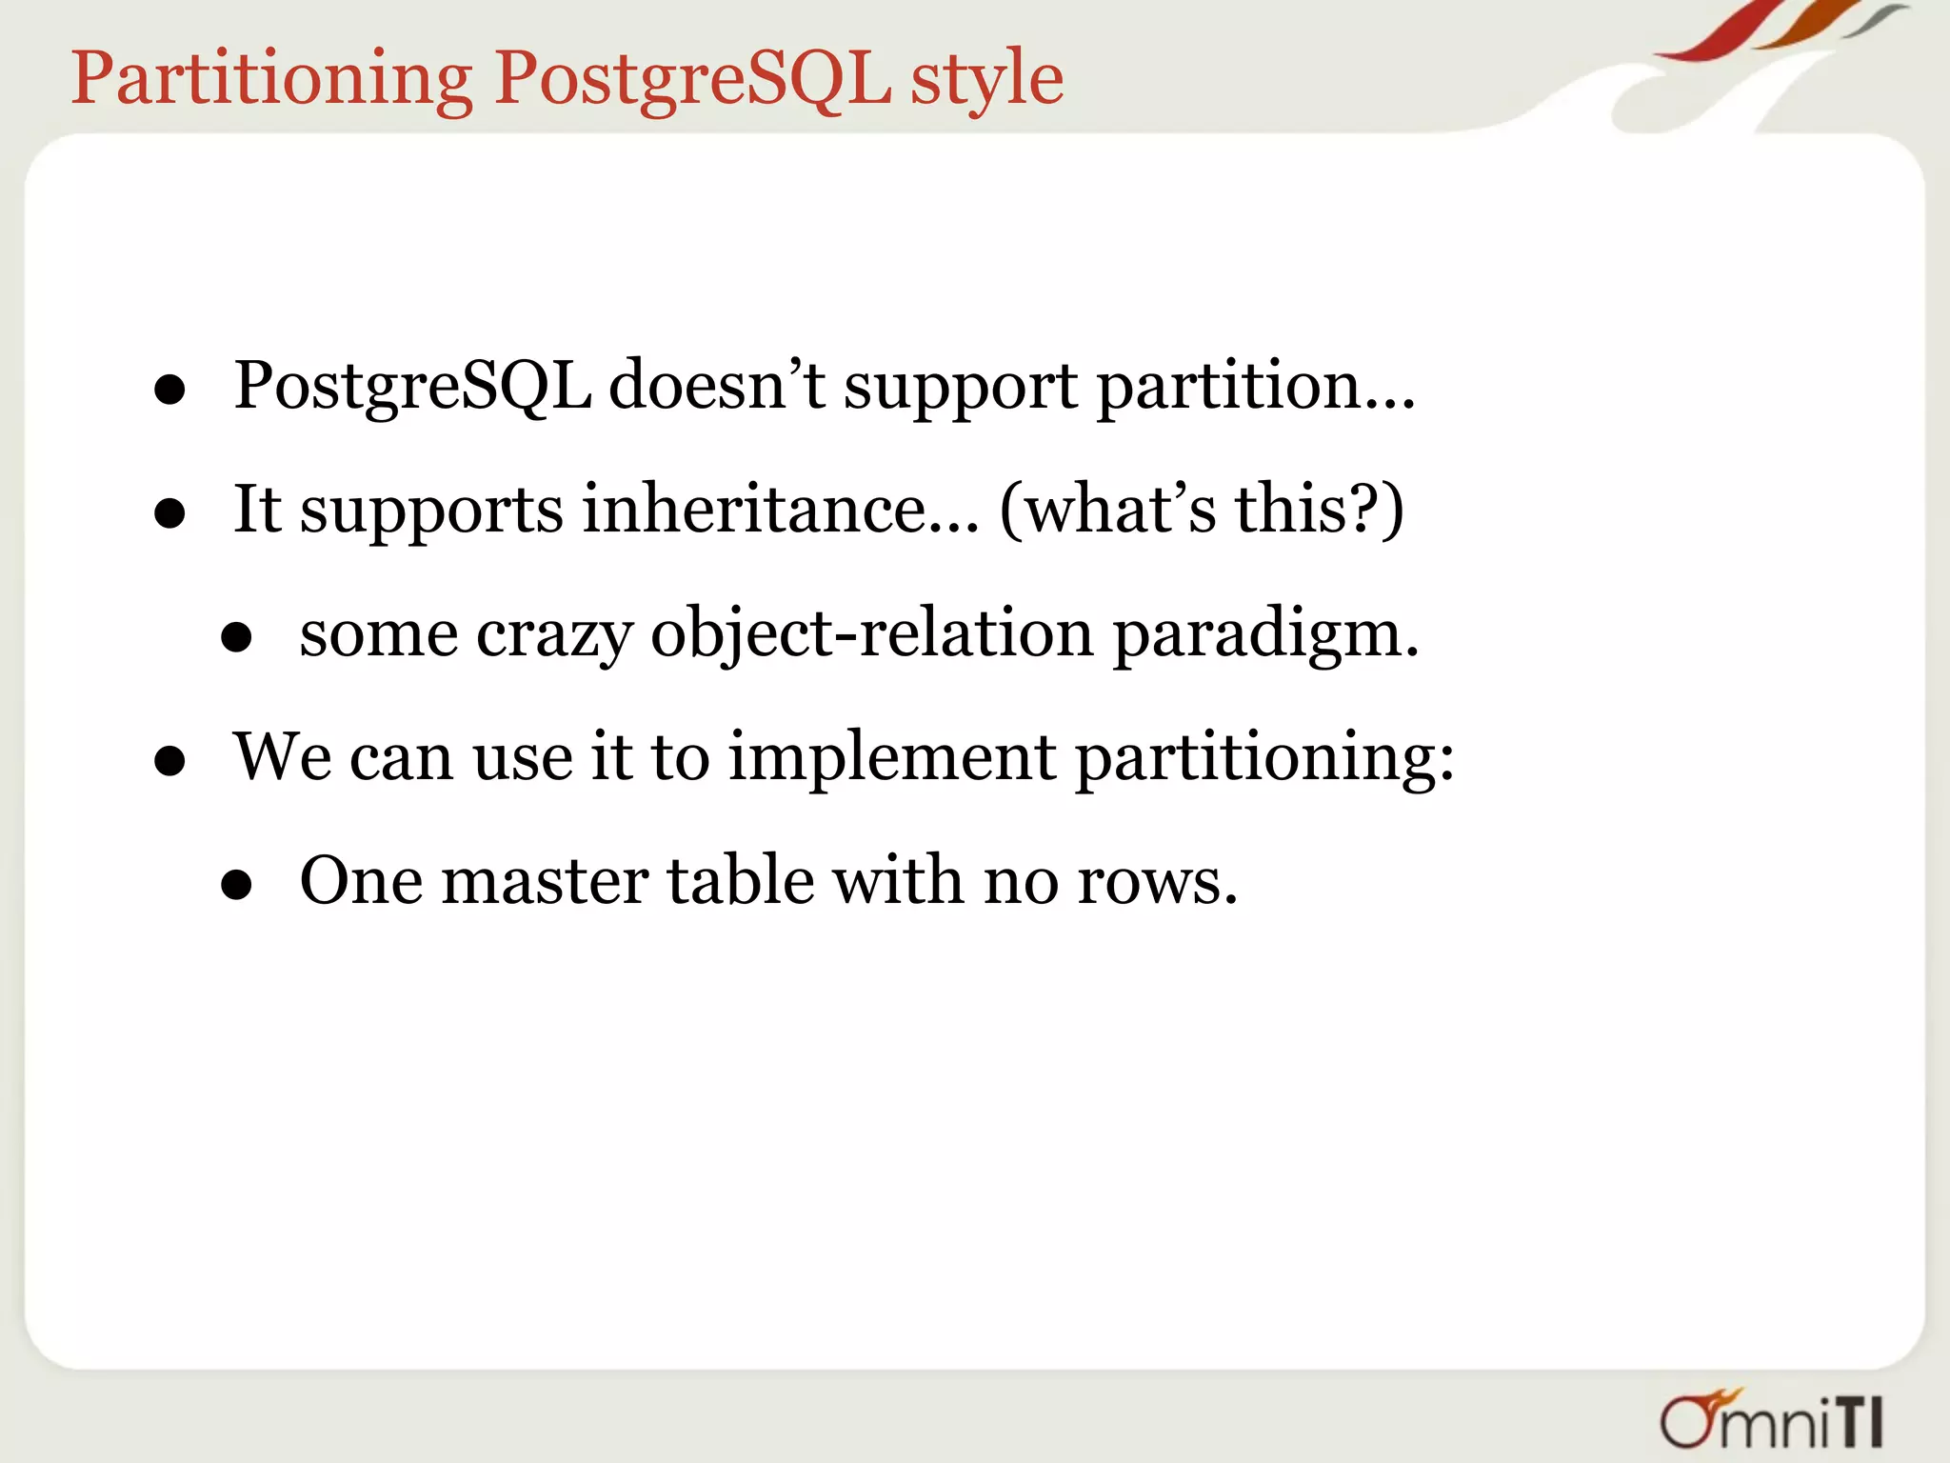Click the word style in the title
(986, 79)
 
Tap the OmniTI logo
(1772, 1420)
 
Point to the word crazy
(554, 635)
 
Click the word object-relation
(871, 635)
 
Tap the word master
(545, 881)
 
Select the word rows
(1157, 881)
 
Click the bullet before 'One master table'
(235, 885)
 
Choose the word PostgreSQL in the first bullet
(412, 386)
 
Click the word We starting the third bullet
(283, 757)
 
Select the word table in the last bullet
(740, 881)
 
